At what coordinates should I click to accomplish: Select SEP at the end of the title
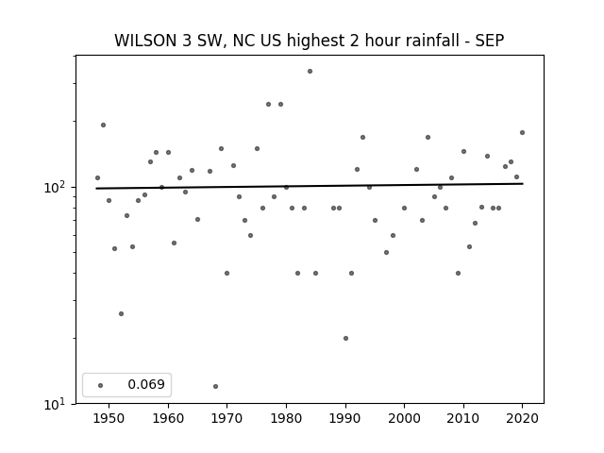coord(490,41)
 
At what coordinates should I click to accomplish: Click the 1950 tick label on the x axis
coord(109,418)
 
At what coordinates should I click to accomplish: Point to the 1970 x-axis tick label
coord(227,418)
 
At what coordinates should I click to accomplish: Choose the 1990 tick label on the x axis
coord(345,418)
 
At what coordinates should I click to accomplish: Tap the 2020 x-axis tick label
coord(522,418)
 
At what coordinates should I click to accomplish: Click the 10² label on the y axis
coord(55,187)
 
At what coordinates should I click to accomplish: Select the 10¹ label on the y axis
coord(55,404)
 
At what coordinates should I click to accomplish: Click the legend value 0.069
coord(146,384)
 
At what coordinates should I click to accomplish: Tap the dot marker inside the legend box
coord(101,385)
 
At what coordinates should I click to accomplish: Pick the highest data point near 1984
coord(310,72)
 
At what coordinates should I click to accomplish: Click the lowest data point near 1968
coord(216,386)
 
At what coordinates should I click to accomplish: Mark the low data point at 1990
coord(346,338)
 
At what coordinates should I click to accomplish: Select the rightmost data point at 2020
coord(522,132)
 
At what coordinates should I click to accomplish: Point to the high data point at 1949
coord(103,125)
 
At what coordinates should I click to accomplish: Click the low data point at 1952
coord(122,314)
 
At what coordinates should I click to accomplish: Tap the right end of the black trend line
coord(523,184)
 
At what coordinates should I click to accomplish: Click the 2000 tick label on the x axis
coord(405,418)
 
